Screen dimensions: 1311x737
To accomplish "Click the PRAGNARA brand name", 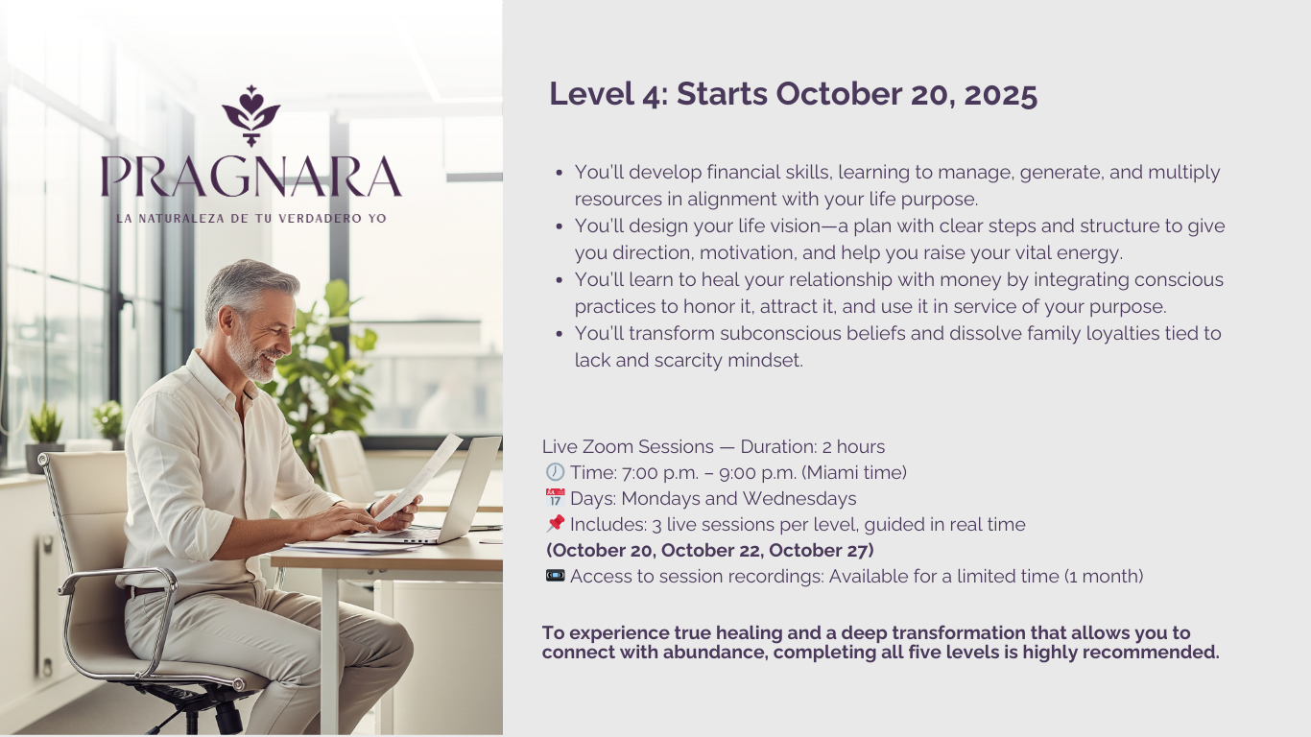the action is [251, 177].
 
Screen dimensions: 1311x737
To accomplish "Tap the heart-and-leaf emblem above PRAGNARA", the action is [251, 115].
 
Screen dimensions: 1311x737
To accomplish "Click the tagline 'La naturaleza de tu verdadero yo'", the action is [251, 219].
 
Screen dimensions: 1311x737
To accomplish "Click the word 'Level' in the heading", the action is [592, 94].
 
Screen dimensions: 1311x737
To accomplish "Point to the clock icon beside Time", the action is [555, 472].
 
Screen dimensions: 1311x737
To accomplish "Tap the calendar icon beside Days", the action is [555, 498].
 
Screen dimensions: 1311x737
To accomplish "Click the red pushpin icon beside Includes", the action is [556, 523].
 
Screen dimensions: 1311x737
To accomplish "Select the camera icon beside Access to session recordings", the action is [555, 576].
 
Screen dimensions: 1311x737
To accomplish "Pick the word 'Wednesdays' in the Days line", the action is [799, 499].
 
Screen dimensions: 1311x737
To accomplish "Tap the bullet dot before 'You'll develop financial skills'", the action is [559, 173].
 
